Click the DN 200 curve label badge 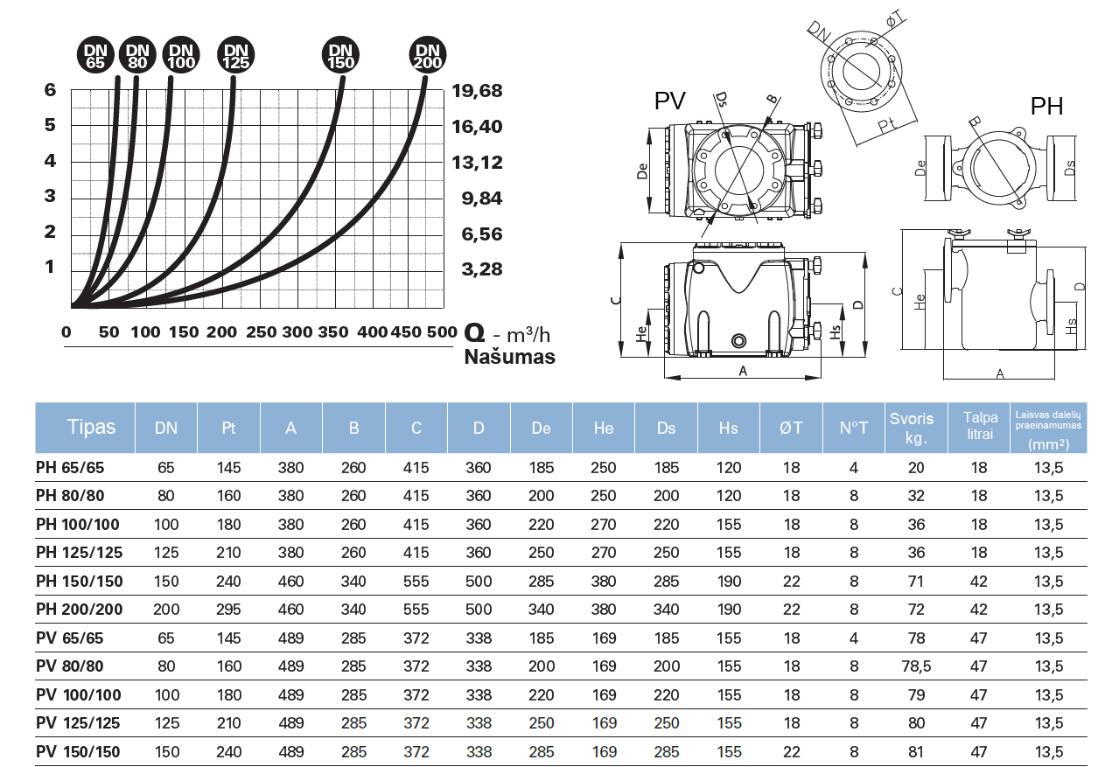pos(428,56)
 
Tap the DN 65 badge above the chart pos(95,56)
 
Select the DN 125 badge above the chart pos(236,56)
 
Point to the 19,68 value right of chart pos(479,92)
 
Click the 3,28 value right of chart pos(482,268)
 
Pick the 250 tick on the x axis pos(261,332)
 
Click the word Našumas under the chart pos(509,357)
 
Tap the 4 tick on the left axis pos(50,161)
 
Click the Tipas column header pos(91,427)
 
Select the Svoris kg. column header pos(915,427)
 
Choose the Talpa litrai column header pos(979,427)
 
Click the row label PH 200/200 pos(80,610)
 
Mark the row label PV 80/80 pos(70,666)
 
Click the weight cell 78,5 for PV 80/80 pos(916,666)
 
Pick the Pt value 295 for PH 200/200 pos(228,610)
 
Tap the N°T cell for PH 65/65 pos(854,468)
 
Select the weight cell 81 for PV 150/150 pos(916,752)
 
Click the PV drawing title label pos(670,101)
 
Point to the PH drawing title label pos(1046,107)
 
